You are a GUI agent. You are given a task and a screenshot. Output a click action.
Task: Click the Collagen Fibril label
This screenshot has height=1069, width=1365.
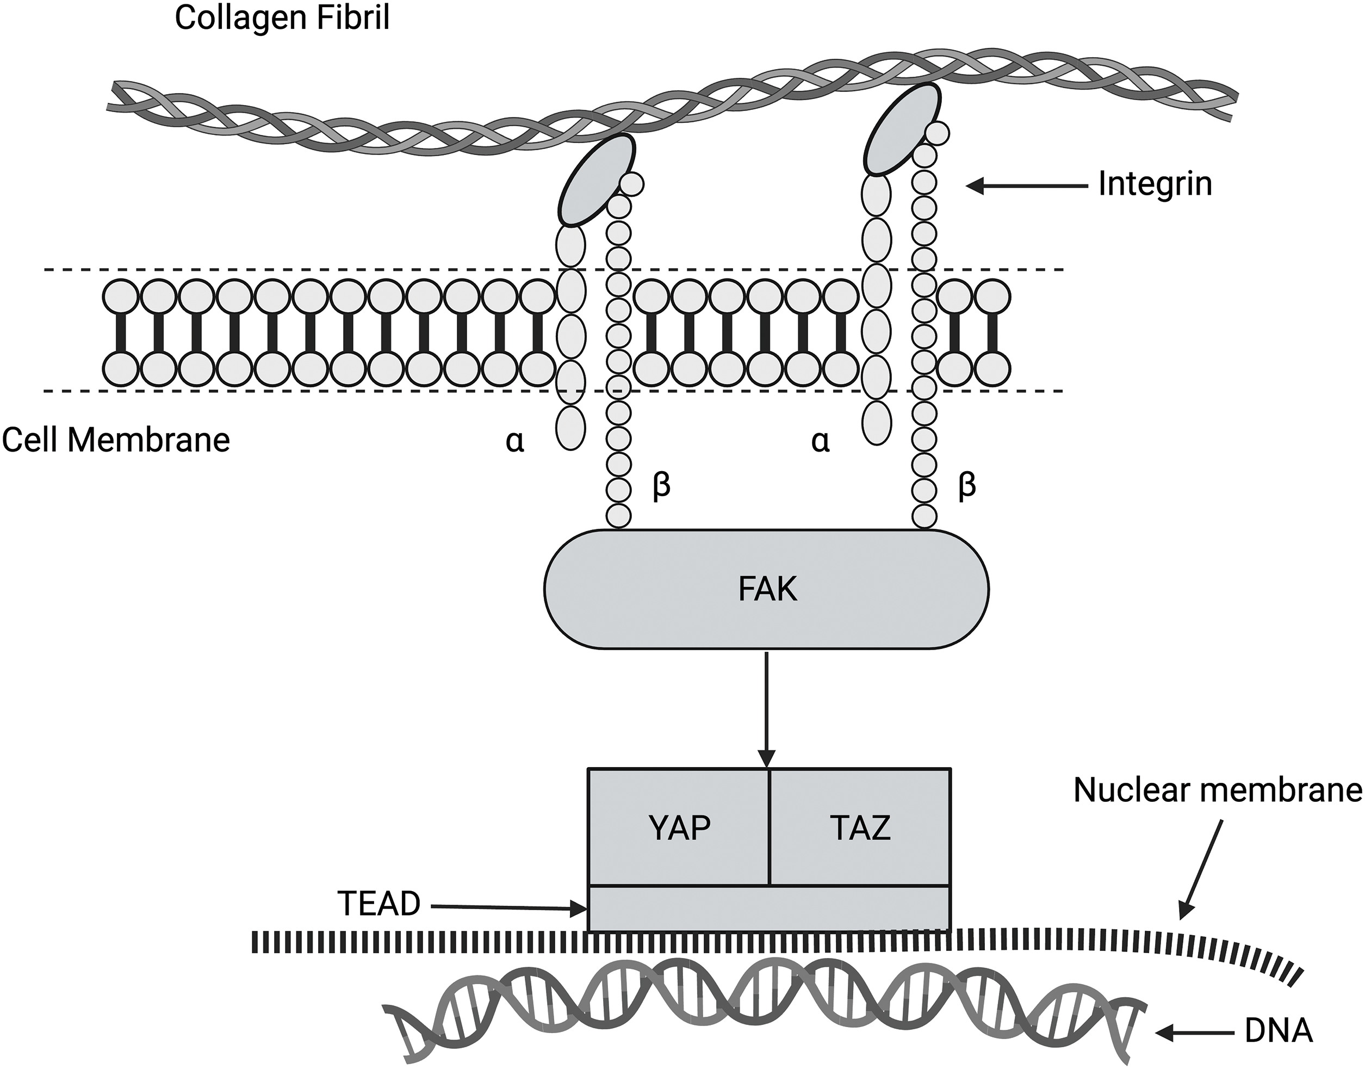click(282, 17)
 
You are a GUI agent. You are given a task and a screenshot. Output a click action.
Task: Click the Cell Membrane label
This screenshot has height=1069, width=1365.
click(116, 440)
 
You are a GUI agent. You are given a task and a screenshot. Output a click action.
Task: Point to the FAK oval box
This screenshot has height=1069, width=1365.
click(766, 589)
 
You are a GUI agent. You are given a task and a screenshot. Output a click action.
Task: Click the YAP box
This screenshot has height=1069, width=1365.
click(679, 827)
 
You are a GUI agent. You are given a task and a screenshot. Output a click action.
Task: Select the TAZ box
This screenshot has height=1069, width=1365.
click(860, 827)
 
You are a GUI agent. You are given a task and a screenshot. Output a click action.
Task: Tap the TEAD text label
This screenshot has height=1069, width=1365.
click(379, 904)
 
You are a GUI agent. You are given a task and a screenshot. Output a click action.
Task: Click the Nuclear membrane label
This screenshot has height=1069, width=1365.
click(1218, 790)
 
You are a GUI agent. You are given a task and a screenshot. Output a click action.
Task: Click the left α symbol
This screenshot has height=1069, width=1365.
click(515, 441)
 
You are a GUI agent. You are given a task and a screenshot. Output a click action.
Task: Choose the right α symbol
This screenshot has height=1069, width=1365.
click(820, 441)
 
